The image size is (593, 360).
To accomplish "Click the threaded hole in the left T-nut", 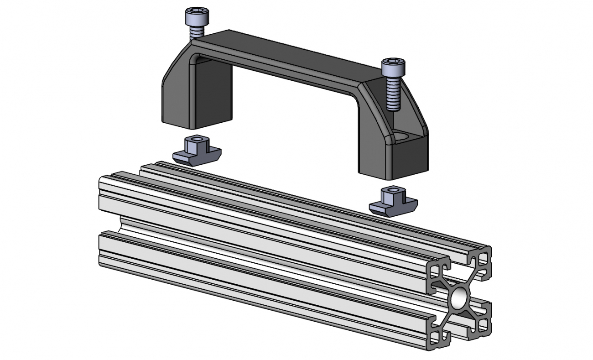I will coord(197,140).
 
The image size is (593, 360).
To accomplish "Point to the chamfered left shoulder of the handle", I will coord(176,68).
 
